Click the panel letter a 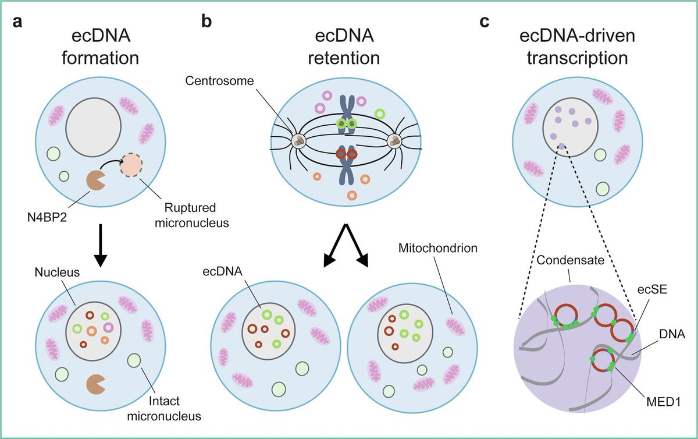click(18, 22)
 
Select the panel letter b click(206, 21)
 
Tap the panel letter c click(485, 22)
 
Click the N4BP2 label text click(47, 218)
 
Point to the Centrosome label click(219, 81)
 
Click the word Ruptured click(190, 208)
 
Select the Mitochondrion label click(438, 248)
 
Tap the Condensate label click(570, 260)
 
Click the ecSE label click(652, 289)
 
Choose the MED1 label click(664, 402)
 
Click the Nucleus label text click(57, 272)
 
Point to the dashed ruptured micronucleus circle click(132, 165)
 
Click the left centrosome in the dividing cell click(299, 141)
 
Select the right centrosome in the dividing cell click(394, 142)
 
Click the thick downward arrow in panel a click(100, 246)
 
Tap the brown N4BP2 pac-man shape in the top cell click(95, 180)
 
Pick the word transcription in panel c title click(577, 58)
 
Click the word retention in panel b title click(344, 58)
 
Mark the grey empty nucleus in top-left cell click(94, 128)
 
